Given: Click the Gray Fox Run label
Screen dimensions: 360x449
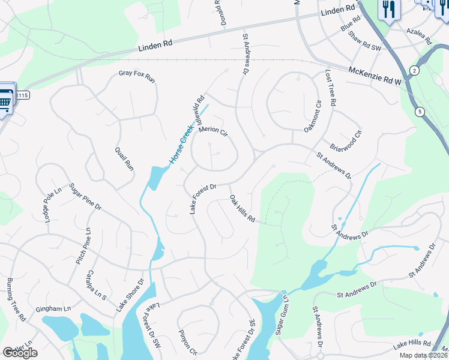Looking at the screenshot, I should [x=137, y=76].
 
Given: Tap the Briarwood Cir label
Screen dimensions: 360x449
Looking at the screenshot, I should [x=346, y=142].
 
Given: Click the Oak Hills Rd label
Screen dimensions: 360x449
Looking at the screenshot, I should [x=243, y=209].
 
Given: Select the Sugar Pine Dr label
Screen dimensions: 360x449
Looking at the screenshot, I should [x=84, y=196].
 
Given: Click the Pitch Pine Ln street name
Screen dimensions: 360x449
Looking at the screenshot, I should [x=82, y=247].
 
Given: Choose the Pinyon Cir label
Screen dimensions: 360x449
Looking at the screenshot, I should [x=188, y=339].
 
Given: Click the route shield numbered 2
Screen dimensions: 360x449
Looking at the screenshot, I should [x=414, y=71].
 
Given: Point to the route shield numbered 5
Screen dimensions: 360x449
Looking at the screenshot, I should [x=419, y=111].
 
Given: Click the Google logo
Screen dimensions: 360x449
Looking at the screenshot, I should [x=20, y=353].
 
